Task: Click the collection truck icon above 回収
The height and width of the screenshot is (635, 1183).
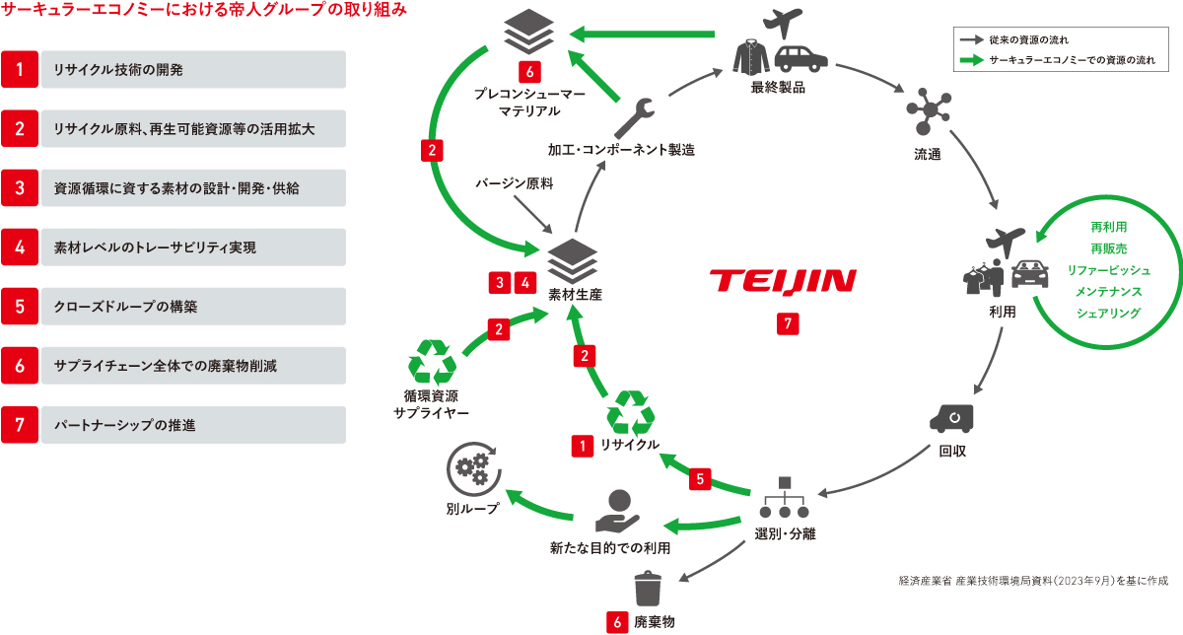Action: pyautogui.click(x=951, y=418)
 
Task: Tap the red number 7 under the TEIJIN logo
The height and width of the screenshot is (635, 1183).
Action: pyautogui.click(x=785, y=323)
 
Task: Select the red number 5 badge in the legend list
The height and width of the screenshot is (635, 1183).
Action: pyautogui.click(x=20, y=307)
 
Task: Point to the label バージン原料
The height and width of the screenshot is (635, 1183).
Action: pyautogui.click(x=513, y=182)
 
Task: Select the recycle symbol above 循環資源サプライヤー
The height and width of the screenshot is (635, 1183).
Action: pyautogui.click(x=433, y=362)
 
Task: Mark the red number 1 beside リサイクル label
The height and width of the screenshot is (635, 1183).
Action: pyautogui.click(x=583, y=447)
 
